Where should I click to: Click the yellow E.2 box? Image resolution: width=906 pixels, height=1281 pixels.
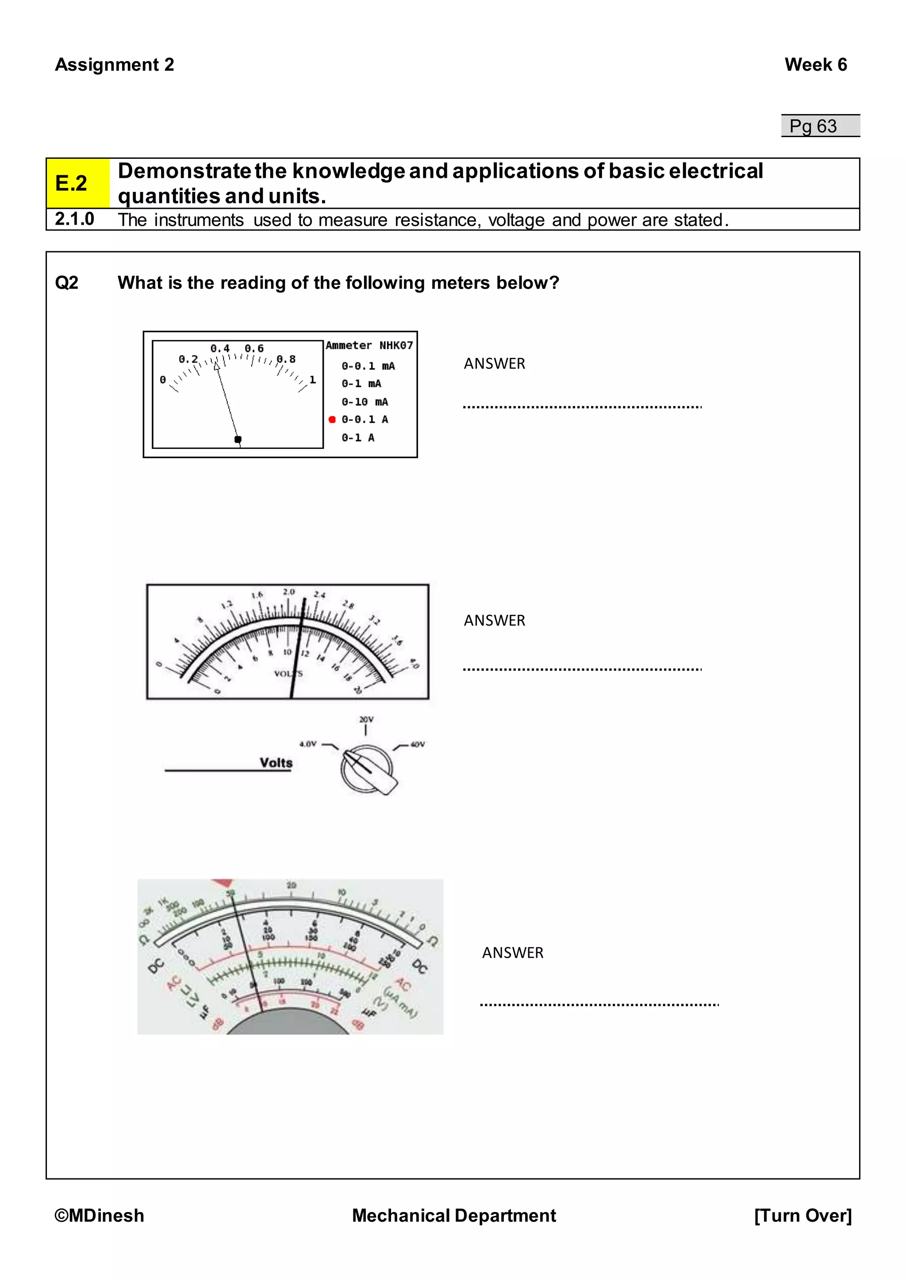77,183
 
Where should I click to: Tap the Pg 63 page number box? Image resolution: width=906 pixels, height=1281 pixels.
820,126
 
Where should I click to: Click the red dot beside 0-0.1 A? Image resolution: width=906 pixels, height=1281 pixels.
332,420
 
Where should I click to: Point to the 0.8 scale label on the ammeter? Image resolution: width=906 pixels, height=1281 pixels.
286,359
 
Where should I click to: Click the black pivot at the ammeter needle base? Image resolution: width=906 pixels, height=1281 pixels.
238,440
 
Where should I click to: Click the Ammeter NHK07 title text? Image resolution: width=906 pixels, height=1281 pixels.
369,345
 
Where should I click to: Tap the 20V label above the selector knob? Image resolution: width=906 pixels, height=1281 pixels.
366,719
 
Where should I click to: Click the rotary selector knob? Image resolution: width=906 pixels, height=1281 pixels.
368,769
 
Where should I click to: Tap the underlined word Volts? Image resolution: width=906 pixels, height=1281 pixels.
276,763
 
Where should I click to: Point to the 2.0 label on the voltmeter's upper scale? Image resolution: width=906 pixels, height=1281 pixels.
288,591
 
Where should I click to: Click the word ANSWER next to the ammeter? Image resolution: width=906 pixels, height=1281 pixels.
494,364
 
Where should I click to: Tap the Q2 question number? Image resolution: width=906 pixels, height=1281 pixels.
66,283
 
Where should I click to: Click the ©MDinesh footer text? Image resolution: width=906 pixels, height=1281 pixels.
99,1215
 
